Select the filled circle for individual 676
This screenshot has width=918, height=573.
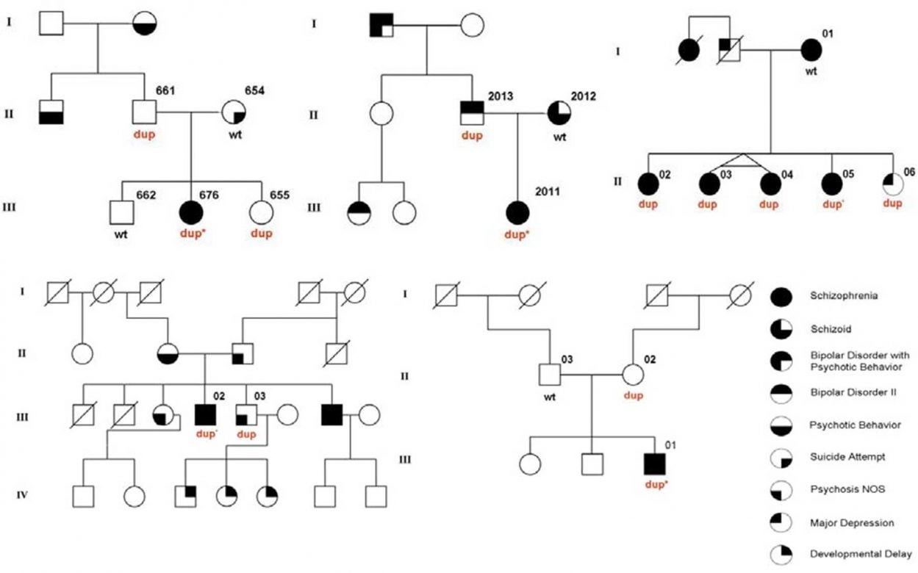pyautogui.click(x=191, y=212)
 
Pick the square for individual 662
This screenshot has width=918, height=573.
pyautogui.click(x=122, y=212)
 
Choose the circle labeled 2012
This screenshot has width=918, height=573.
pyautogui.click(x=560, y=114)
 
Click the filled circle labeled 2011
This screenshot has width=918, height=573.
pyautogui.click(x=519, y=212)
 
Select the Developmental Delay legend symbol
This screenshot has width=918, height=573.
pyautogui.click(x=781, y=553)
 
